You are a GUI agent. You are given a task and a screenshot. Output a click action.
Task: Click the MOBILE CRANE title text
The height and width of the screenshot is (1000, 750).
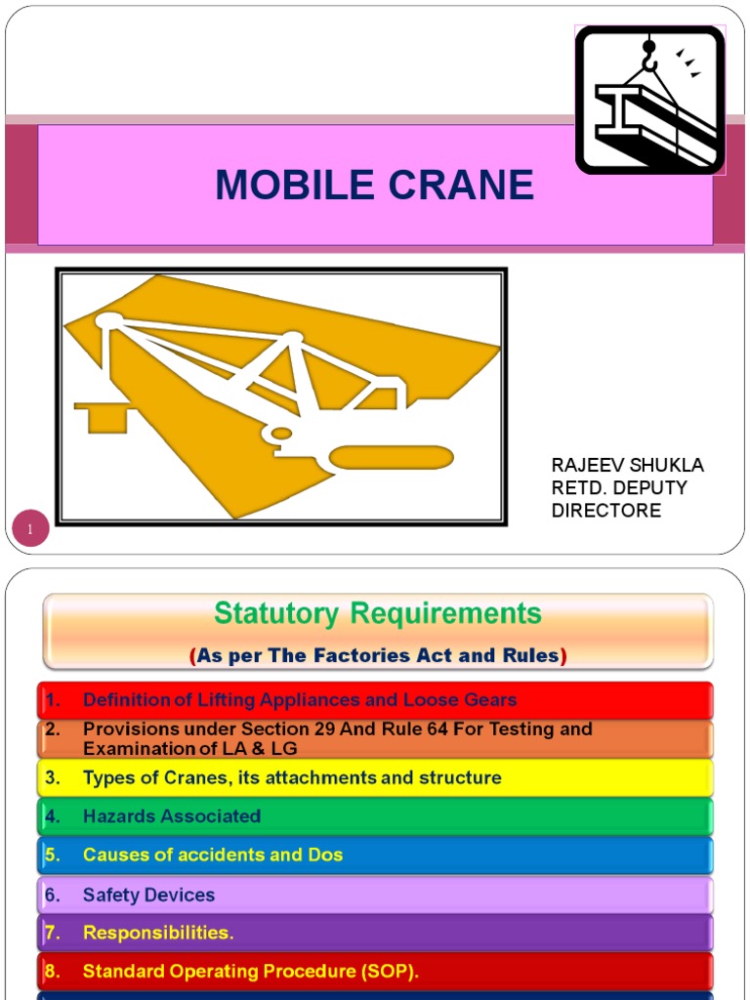point(375,185)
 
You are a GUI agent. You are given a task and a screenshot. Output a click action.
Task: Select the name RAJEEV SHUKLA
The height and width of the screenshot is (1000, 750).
point(627,465)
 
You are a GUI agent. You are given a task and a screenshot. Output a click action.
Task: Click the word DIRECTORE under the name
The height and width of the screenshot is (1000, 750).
point(605,510)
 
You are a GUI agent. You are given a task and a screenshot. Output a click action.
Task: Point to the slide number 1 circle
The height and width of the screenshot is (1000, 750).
point(30,530)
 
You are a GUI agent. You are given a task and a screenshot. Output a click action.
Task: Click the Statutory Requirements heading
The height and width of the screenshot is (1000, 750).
point(377,614)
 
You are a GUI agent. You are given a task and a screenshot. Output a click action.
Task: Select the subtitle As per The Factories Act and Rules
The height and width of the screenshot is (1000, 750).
point(377,656)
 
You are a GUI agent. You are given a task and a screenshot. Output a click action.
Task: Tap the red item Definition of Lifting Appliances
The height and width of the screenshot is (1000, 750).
point(299,699)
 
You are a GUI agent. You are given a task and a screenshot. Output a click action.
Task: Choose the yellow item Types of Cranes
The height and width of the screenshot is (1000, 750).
point(291,778)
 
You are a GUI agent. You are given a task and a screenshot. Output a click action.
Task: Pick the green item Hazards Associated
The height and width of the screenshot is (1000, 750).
point(171,816)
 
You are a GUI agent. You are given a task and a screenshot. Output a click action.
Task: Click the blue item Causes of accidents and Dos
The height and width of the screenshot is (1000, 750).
point(212,854)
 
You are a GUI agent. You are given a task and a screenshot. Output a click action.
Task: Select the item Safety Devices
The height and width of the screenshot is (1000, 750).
point(148,895)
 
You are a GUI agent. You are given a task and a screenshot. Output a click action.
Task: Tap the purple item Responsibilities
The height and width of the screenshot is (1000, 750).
point(158,933)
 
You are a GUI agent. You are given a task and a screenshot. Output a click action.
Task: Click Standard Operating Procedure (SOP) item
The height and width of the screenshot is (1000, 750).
point(250,972)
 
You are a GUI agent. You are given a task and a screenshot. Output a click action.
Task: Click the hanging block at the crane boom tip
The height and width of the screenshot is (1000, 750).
point(102,417)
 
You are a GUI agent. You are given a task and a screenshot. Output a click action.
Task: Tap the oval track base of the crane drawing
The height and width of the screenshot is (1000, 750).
point(391,457)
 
